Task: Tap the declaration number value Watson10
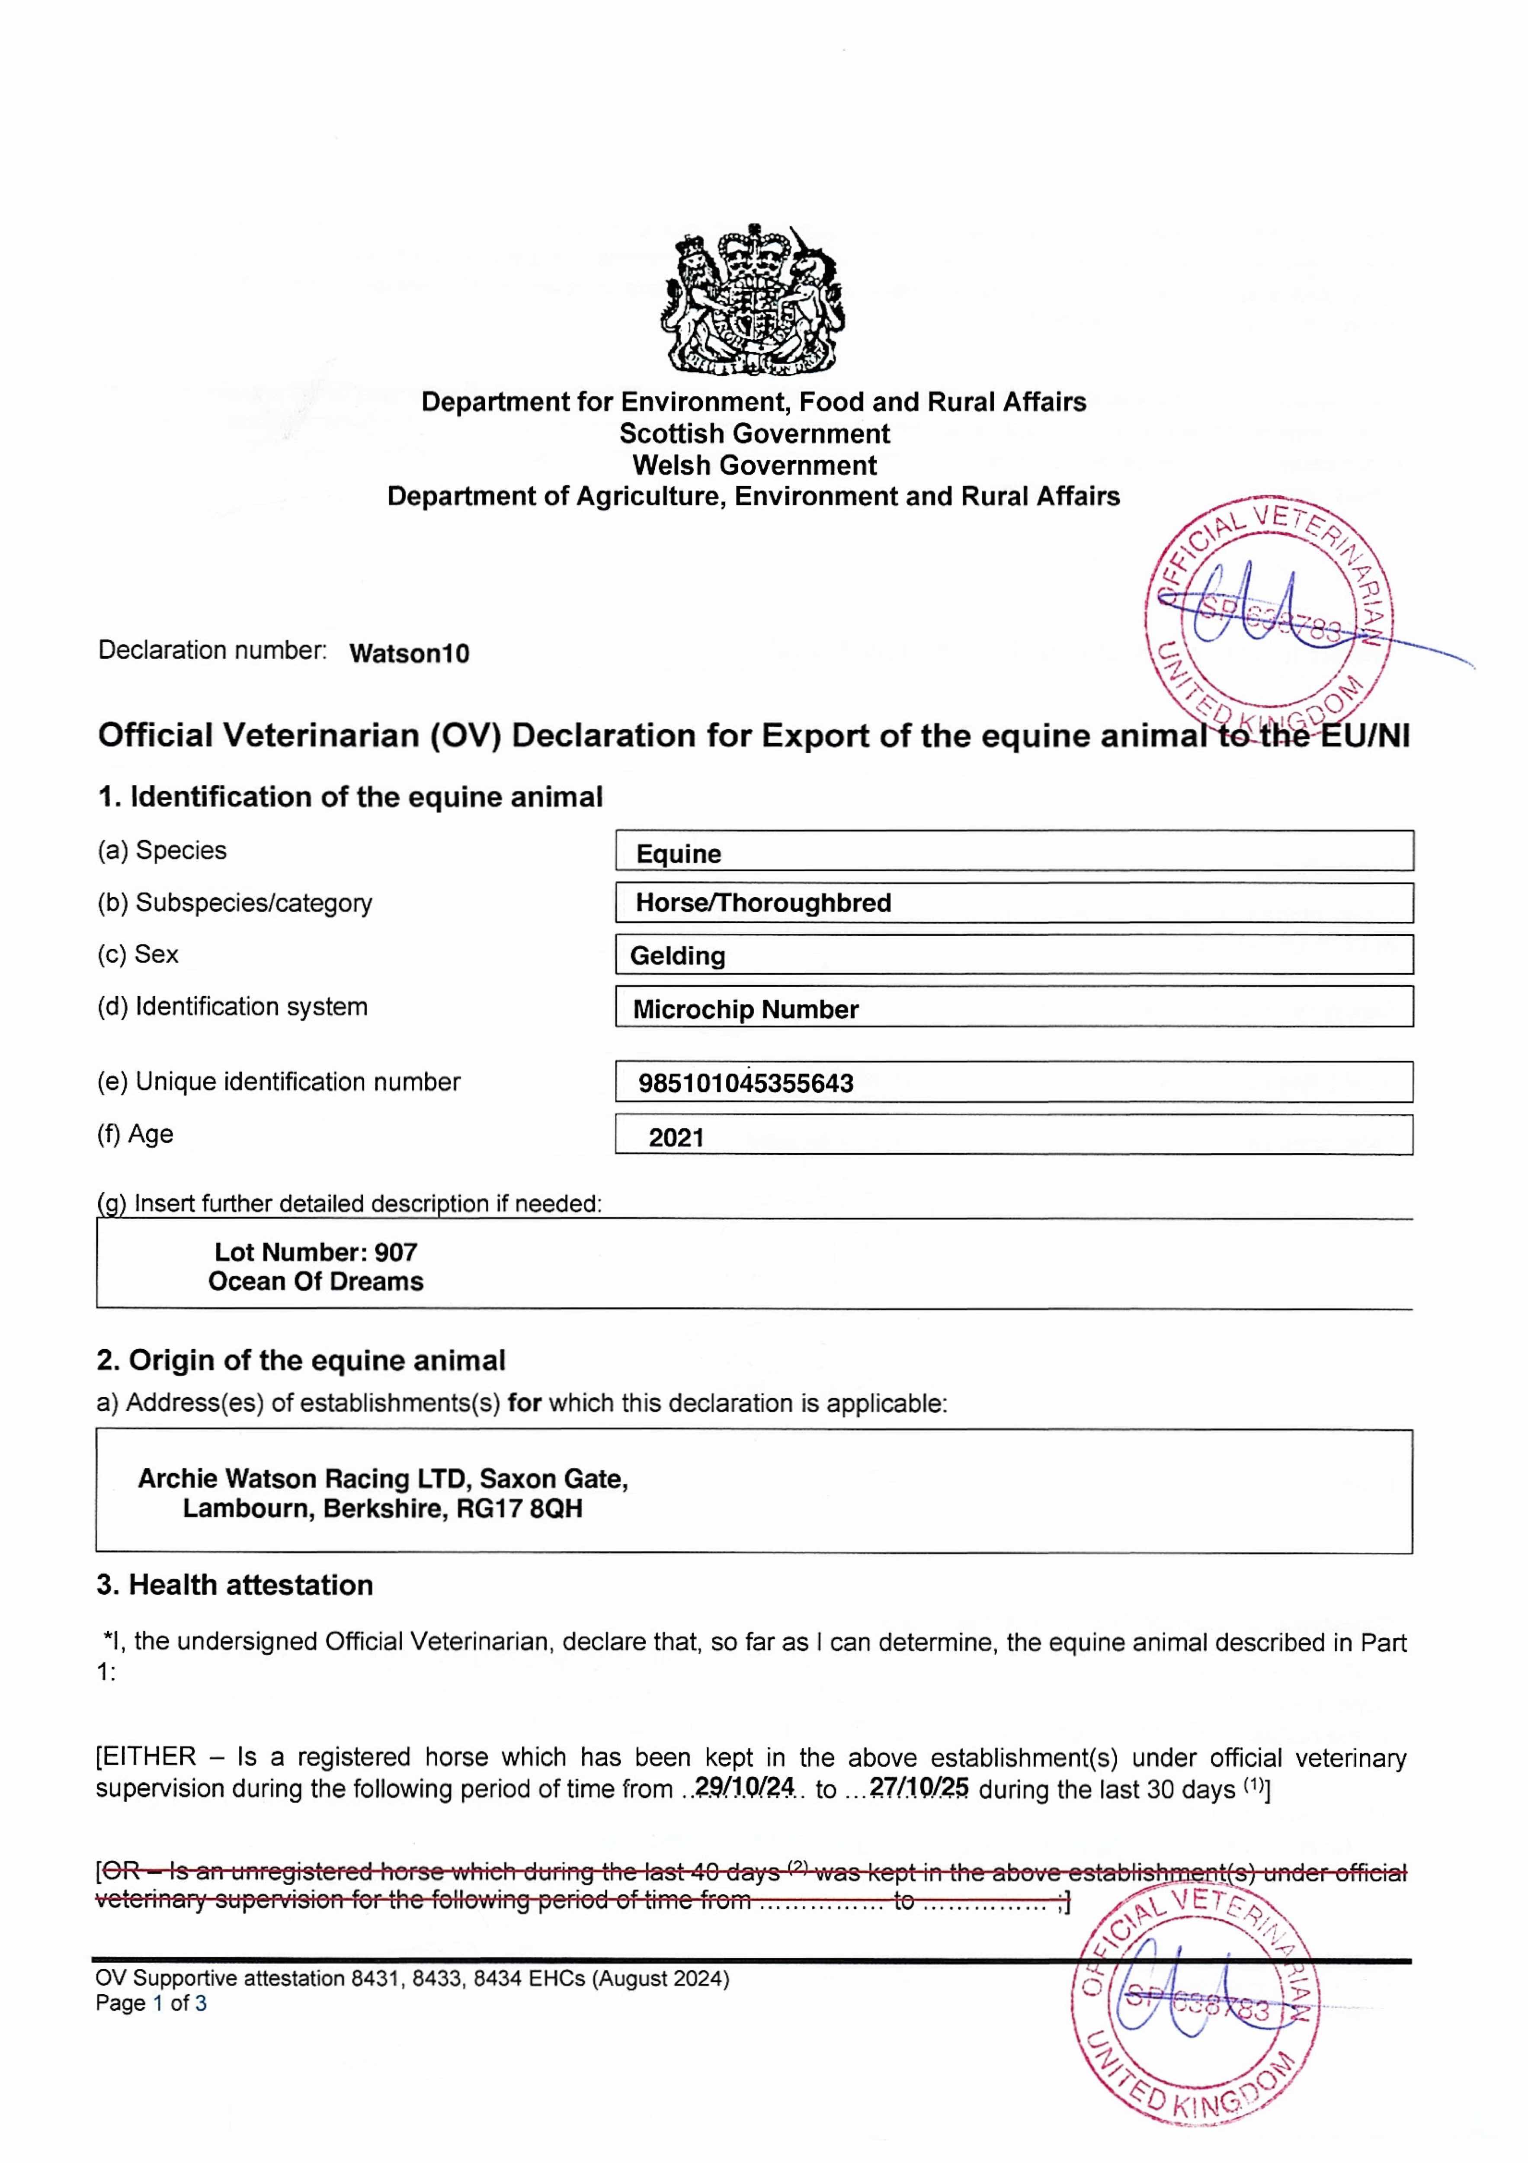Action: [409, 654]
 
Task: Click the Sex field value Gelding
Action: [677, 956]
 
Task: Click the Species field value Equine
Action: [678, 854]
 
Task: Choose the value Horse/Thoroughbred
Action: [763, 902]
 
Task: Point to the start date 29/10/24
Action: [744, 1787]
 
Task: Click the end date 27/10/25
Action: [919, 1787]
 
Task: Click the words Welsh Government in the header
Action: [754, 465]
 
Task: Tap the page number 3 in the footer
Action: [201, 2003]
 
